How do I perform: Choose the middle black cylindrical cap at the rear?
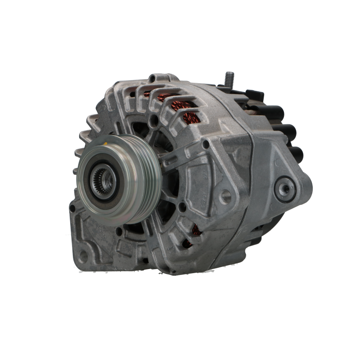[290, 132]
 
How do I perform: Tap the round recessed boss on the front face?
[225, 195]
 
